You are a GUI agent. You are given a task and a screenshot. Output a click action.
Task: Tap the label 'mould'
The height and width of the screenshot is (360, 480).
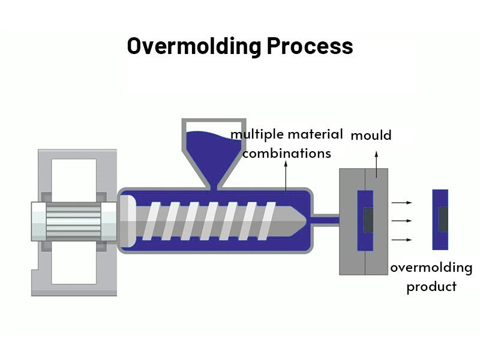371,136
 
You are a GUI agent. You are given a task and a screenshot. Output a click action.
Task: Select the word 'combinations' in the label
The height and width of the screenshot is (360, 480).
287,153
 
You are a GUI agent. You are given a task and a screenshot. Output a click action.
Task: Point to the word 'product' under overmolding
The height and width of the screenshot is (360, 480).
431,287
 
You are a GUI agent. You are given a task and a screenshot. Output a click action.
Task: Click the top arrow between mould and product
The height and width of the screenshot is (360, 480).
401,203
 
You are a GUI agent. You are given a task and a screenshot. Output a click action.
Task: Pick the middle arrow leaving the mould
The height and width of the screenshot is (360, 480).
401,221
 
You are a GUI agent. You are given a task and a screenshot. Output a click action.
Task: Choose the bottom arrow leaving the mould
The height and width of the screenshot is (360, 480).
401,240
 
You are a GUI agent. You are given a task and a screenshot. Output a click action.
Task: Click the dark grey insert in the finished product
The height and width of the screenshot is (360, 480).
443,220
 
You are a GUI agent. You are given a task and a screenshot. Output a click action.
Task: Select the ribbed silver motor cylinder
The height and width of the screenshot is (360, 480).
73,220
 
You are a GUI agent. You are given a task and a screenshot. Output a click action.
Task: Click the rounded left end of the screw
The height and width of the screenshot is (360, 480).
128,220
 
